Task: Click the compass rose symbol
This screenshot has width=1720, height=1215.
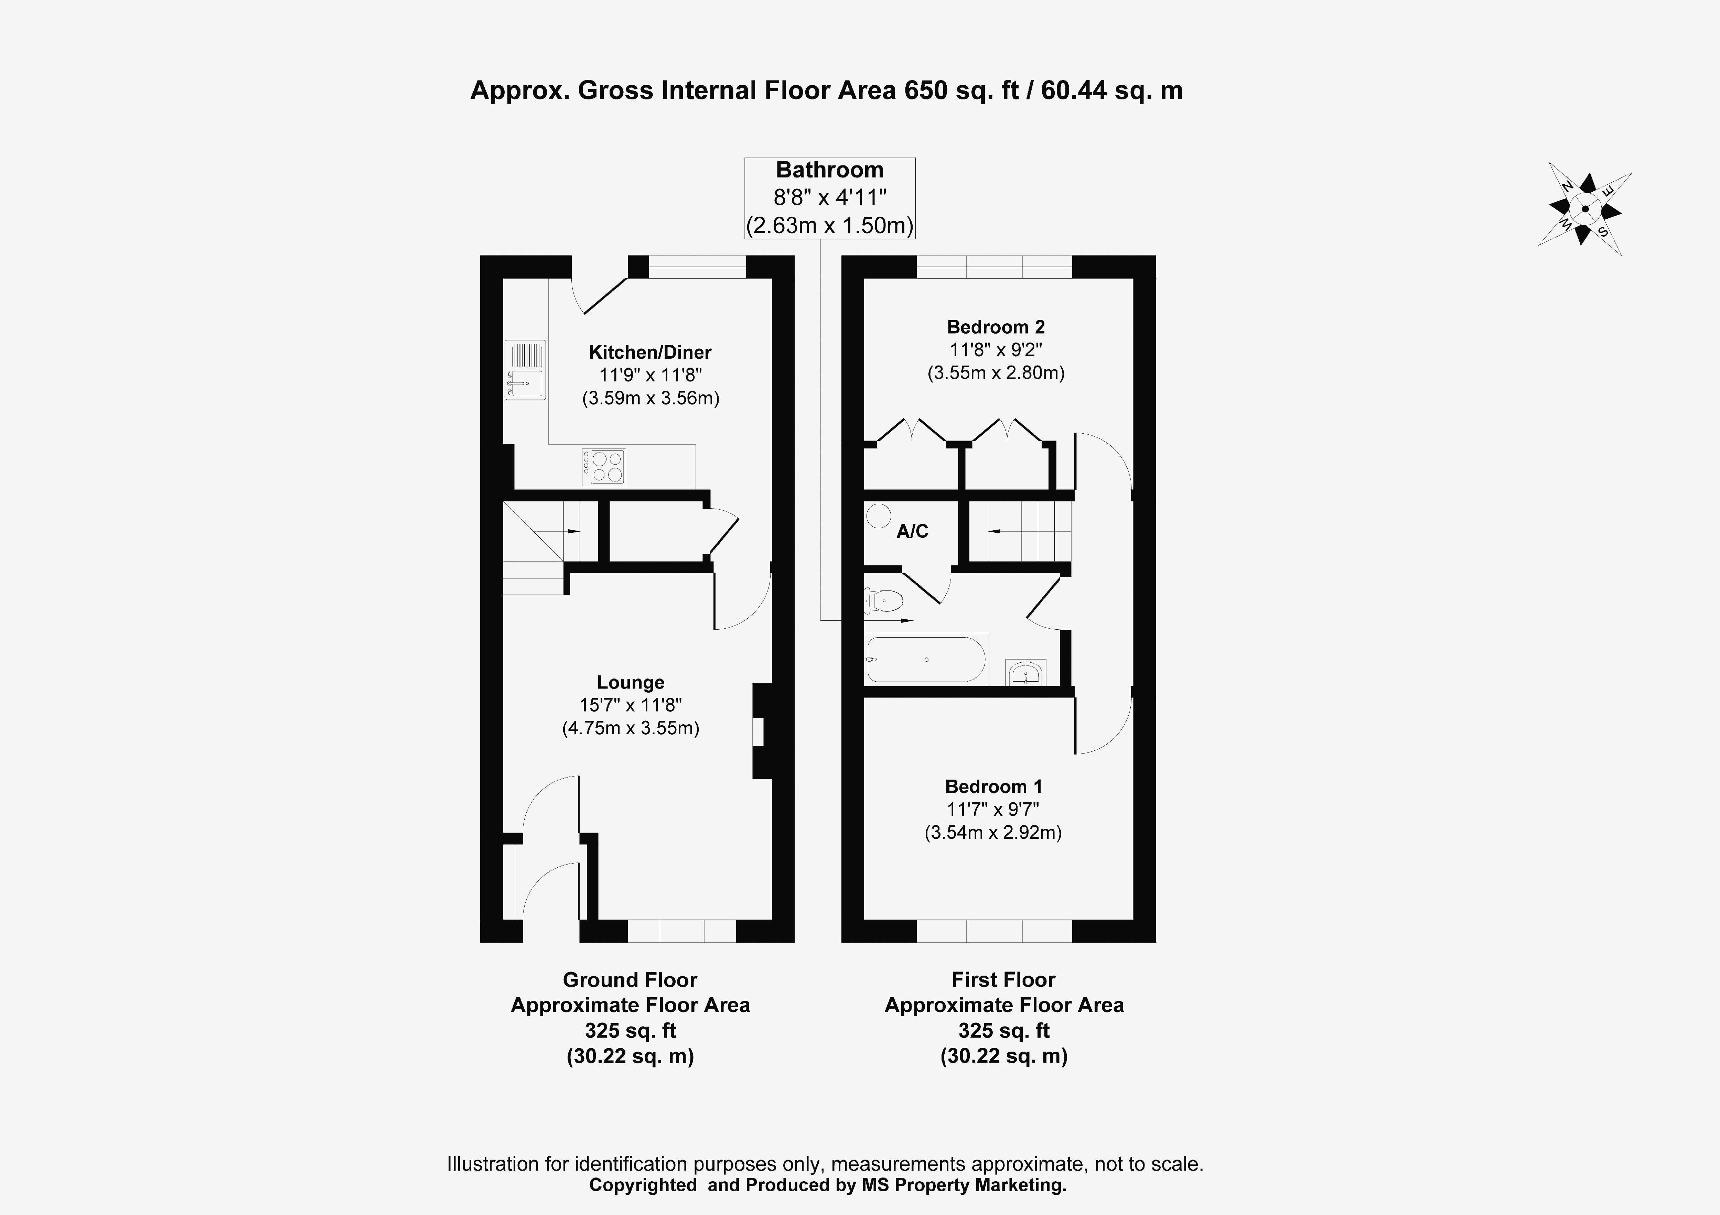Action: point(1584,209)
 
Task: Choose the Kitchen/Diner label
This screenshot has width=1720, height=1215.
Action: point(649,352)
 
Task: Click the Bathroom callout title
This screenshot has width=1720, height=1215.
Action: point(829,170)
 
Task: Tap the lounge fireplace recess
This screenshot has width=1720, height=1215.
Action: point(758,732)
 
